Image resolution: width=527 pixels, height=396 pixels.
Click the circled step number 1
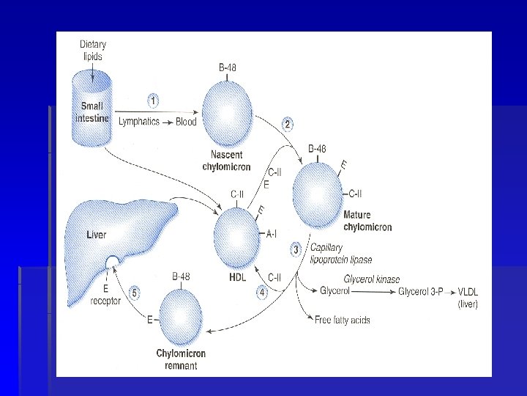153,99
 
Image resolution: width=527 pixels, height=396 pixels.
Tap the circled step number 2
288,125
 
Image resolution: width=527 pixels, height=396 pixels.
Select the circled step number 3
296,249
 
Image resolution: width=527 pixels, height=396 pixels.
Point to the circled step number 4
263,292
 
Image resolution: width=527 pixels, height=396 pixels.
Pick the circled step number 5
134,293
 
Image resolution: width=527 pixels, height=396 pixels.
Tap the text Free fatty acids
342,320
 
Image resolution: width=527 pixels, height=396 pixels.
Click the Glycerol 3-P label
422,292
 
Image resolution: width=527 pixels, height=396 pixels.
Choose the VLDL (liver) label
467,298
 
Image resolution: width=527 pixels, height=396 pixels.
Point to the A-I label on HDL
272,234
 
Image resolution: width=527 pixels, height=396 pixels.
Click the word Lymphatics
138,122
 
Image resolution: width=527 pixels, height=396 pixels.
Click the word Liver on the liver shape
96,235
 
